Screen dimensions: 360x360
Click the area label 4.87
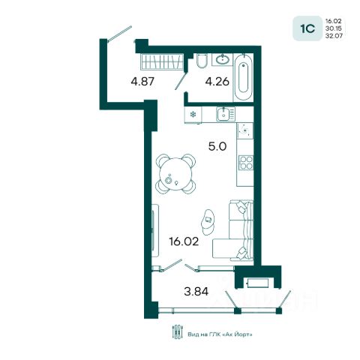[142, 82]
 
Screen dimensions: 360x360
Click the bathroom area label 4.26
[217, 82]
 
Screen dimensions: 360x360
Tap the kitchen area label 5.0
[217, 146]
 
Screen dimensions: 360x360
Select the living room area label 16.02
[184, 241]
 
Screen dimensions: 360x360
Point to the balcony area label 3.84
[196, 292]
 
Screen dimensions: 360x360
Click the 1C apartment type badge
[307, 28]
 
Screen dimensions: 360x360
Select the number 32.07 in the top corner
[334, 36]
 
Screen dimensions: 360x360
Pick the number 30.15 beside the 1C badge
[334, 28]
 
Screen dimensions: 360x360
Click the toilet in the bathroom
[202, 61]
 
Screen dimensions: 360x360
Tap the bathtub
[243, 78]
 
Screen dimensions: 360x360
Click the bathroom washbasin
[223, 60]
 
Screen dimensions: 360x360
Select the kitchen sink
[223, 115]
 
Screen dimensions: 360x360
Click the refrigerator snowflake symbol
[193, 115]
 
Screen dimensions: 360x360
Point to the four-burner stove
[246, 163]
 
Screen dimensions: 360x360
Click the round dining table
[175, 174]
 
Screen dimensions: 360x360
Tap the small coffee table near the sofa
[208, 222]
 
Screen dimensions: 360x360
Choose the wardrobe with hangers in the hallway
[162, 61]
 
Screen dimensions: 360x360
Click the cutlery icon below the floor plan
[177, 331]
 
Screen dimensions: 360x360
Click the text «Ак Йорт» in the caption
[237, 334]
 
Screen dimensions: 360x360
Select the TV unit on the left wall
[155, 230]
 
